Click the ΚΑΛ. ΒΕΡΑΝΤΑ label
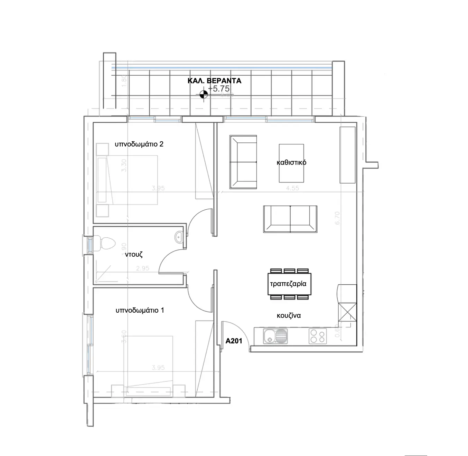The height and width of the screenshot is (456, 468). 214,81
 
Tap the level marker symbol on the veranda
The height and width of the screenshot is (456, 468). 204,94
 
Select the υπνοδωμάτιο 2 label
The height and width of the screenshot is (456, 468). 139,144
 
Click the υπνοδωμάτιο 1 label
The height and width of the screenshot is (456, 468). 140,310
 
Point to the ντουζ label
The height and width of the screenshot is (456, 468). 134,255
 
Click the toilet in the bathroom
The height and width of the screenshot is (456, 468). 105,243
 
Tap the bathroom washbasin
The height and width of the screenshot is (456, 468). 179,237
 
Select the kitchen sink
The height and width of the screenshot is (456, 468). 275,336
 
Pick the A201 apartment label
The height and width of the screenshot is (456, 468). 234,341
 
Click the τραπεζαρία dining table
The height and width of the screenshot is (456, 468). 289,284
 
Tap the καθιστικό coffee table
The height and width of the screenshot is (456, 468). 291,163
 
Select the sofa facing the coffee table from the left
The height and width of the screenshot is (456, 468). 243,162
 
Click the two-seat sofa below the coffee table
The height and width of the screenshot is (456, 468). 290,219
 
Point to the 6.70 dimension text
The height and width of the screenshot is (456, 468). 337,218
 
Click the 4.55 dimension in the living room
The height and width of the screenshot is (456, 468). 292,188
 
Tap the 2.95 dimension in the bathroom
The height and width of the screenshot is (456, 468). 142,268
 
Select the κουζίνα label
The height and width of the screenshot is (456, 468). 289,315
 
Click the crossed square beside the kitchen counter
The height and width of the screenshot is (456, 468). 347,312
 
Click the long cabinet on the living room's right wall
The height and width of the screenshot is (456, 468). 347,155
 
